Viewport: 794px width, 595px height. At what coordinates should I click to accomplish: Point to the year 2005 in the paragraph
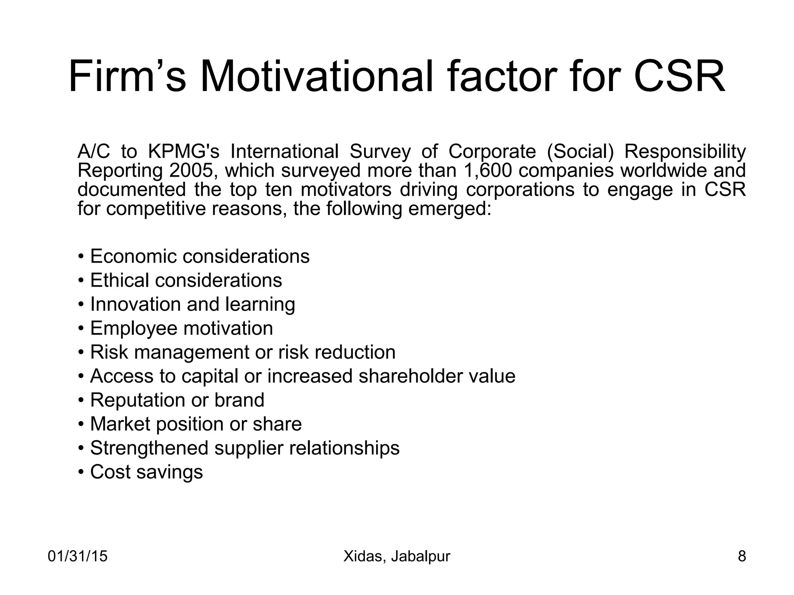(x=191, y=171)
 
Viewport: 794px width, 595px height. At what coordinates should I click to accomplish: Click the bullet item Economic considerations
(x=200, y=256)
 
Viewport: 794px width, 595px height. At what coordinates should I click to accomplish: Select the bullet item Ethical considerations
(x=186, y=280)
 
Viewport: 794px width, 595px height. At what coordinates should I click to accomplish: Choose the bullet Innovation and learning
(x=192, y=304)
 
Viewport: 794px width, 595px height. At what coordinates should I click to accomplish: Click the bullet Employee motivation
(x=181, y=328)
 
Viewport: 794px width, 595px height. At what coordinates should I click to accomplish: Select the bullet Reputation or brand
(x=177, y=400)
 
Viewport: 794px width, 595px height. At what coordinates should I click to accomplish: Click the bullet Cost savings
(x=146, y=472)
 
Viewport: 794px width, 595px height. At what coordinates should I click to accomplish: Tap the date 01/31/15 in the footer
(x=78, y=556)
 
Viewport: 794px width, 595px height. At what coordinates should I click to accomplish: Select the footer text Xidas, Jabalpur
(x=397, y=556)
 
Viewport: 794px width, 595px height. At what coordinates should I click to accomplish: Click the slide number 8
(x=742, y=556)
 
